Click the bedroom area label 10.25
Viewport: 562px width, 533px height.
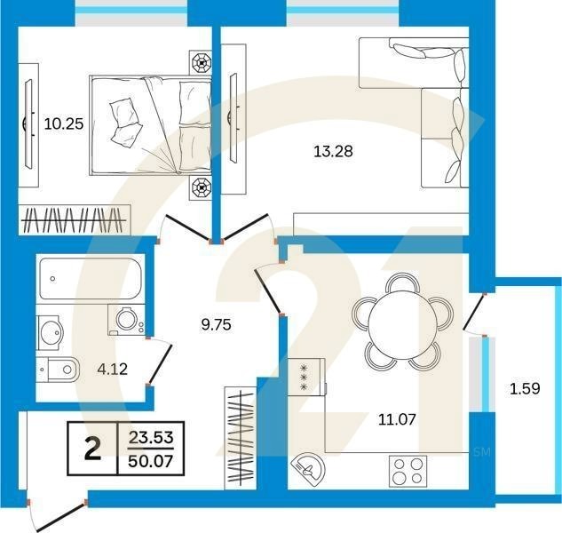click(x=63, y=124)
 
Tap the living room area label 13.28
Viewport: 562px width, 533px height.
click(x=333, y=151)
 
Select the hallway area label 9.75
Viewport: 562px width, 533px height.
click(x=216, y=324)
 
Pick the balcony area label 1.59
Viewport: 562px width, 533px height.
click(x=523, y=387)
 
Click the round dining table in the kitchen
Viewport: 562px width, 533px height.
click(x=404, y=320)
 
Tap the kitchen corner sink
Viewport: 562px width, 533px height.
click(x=309, y=466)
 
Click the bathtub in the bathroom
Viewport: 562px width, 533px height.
click(x=89, y=279)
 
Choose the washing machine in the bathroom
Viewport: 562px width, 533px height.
click(x=126, y=320)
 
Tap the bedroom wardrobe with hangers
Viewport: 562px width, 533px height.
click(x=75, y=219)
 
